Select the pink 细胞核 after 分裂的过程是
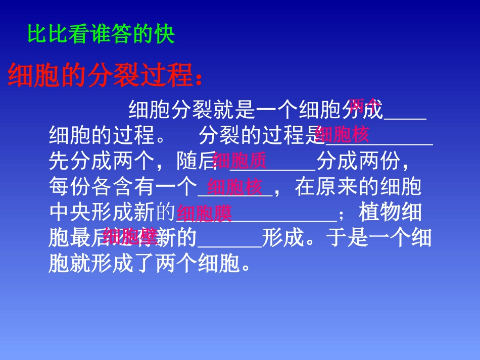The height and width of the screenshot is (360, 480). pyautogui.click(x=342, y=135)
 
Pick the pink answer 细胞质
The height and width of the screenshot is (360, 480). pyautogui.click(x=239, y=161)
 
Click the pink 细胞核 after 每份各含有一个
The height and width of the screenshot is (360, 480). pyautogui.click(x=235, y=188)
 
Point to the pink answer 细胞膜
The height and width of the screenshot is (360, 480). pyautogui.click(x=205, y=214)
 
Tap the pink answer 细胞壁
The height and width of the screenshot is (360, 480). pyautogui.click(x=130, y=236)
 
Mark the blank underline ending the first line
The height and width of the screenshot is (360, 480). pyautogui.click(x=405, y=117)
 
